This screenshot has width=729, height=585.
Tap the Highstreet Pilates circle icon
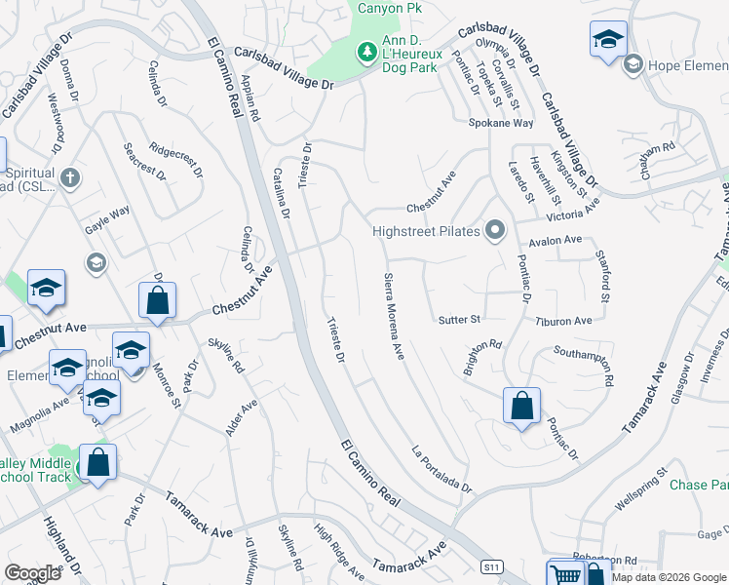(496, 231)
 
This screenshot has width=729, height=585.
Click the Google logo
(32, 573)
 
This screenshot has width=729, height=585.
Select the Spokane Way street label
(501, 124)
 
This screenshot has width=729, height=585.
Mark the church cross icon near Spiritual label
(68, 178)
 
